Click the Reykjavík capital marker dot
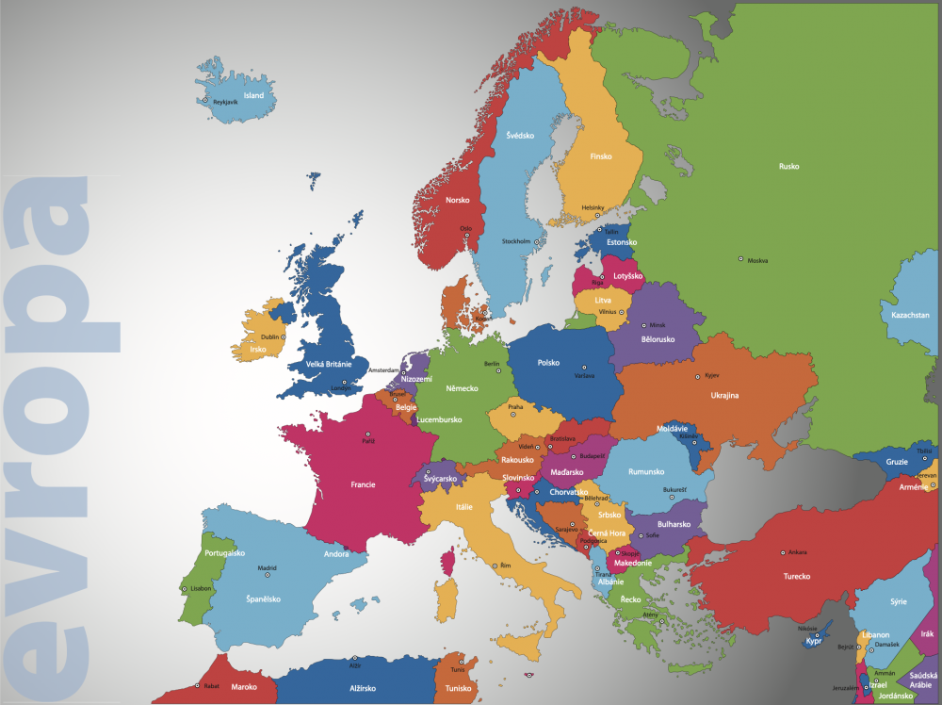point(203,100)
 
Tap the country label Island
point(253,95)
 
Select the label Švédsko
point(520,136)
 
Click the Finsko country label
point(601,157)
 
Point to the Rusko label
point(788,167)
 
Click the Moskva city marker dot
point(740,259)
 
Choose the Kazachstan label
point(910,315)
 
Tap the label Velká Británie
point(329,364)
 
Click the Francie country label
point(363,484)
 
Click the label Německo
point(462,388)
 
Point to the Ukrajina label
point(724,396)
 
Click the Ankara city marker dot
point(782,552)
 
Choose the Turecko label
point(797,576)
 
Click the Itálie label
point(464,506)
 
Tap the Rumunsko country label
point(647,471)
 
